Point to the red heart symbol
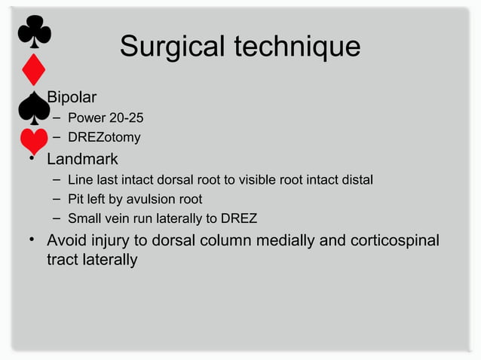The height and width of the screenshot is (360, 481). click(33, 142)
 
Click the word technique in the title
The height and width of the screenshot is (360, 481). click(297, 47)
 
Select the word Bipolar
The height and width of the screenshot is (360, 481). click(71, 97)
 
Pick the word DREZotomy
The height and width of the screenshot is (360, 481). click(104, 138)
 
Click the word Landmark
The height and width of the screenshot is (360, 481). click(82, 160)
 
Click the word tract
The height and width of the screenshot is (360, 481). click(63, 260)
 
